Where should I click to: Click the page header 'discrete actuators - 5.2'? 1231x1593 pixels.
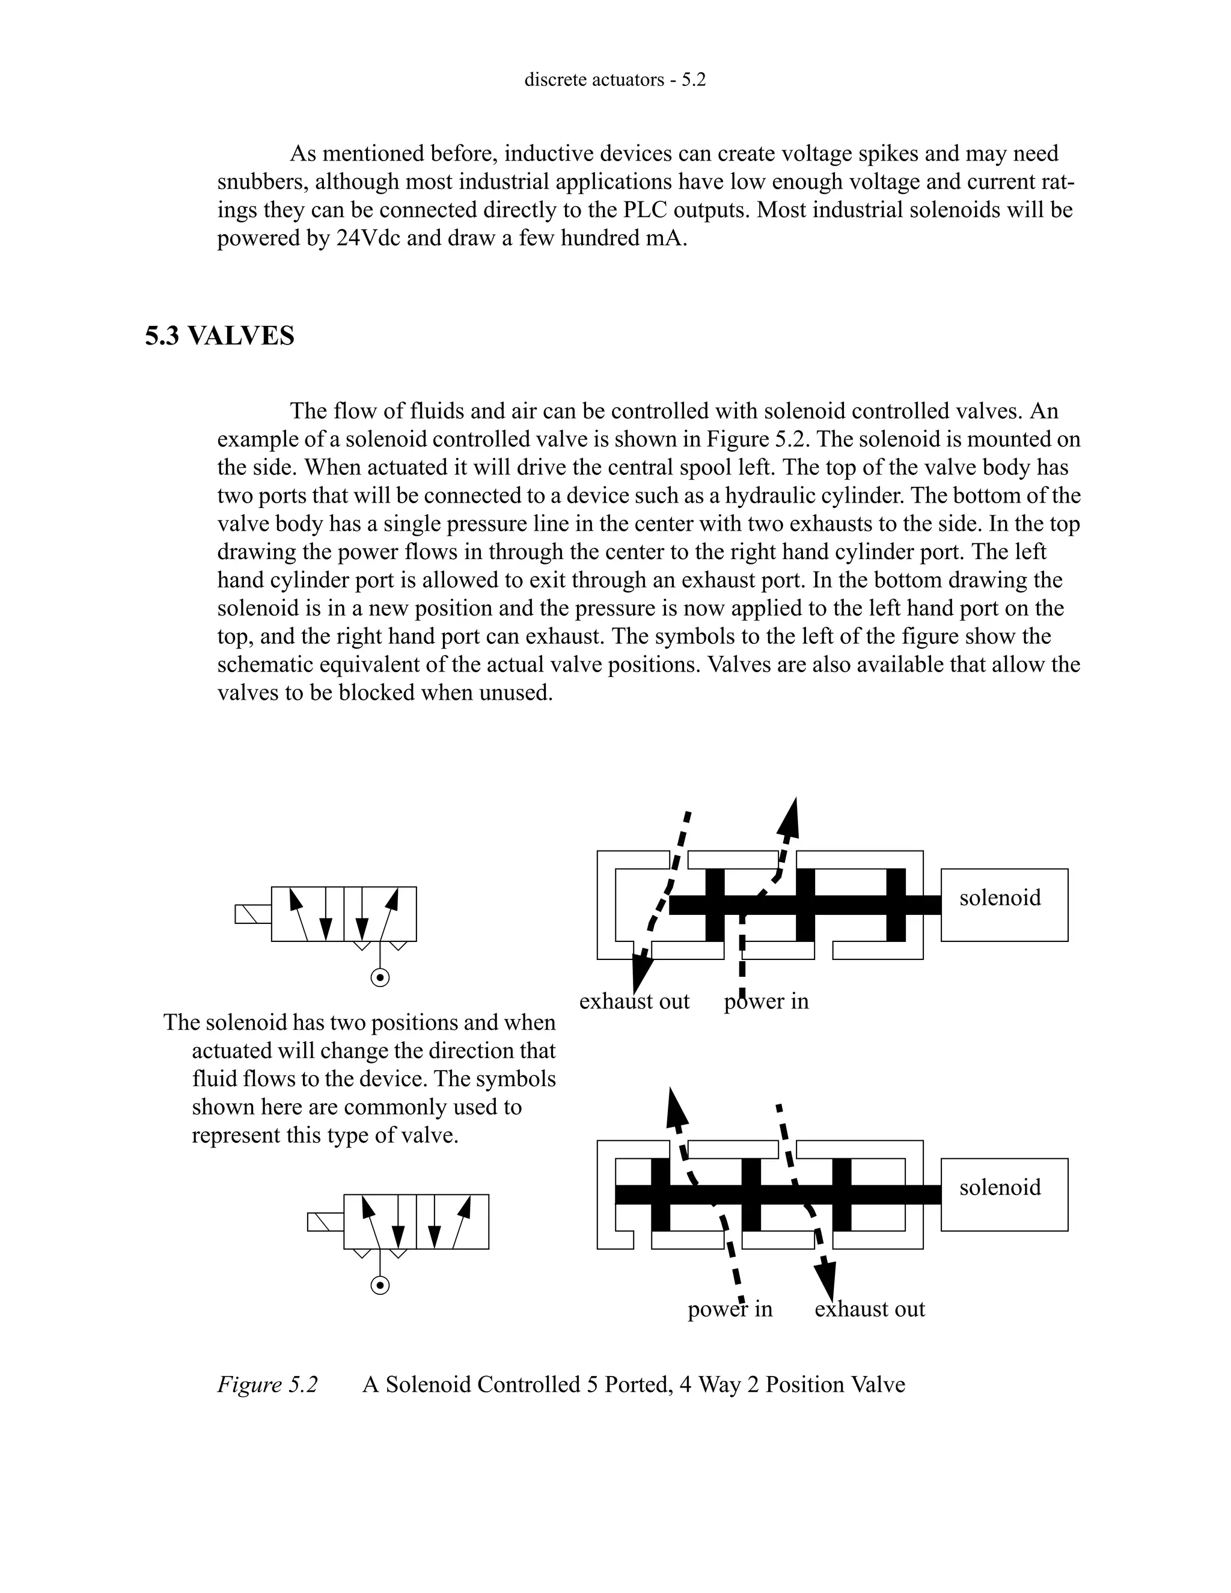pyautogui.click(x=615, y=79)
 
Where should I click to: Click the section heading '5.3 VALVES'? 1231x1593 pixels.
pyautogui.click(x=219, y=336)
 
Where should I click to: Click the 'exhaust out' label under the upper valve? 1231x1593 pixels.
pyautogui.click(x=634, y=1001)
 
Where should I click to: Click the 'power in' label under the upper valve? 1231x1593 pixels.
pyautogui.click(x=766, y=1001)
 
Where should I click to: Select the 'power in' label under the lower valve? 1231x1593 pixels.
pyautogui.click(x=729, y=1309)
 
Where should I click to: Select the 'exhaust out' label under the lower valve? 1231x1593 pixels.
pyautogui.click(x=869, y=1309)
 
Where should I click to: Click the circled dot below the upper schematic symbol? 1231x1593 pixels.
pyautogui.click(x=380, y=977)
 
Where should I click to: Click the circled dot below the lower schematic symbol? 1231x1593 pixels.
pyautogui.click(x=380, y=1285)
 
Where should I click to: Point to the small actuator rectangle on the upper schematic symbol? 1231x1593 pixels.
pyautogui.click(x=253, y=914)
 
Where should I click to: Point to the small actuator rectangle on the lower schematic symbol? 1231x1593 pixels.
pyautogui.click(x=325, y=1222)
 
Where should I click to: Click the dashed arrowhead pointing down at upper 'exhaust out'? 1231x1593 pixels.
pyautogui.click(x=641, y=972)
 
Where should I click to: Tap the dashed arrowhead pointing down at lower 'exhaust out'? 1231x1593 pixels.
pyautogui.click(x=825, y=1278)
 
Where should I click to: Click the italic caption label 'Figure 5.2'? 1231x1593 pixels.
pyautogui.click(x=267, y=1384)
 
